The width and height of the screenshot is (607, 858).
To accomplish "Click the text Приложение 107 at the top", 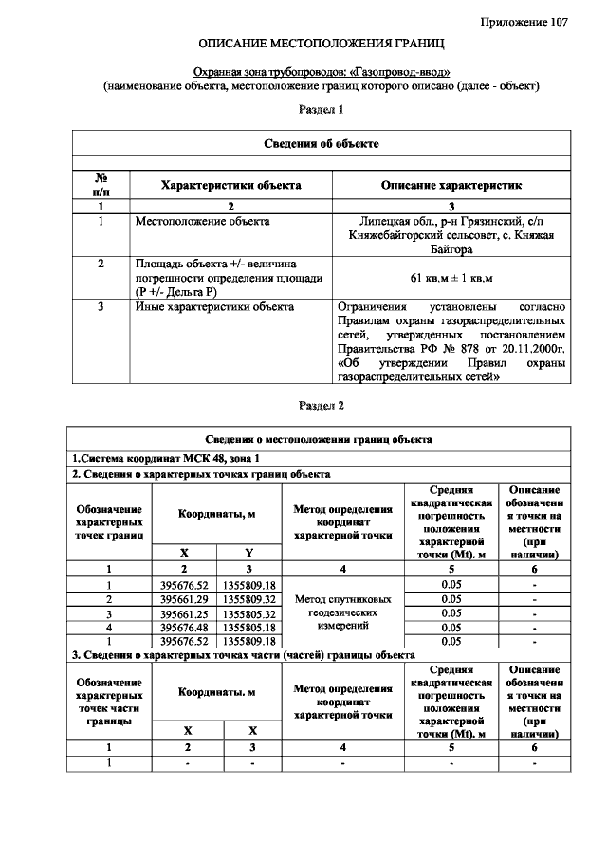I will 524,22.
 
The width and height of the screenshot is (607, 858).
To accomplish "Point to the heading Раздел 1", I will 321,110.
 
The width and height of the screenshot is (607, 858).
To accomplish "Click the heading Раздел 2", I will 321,406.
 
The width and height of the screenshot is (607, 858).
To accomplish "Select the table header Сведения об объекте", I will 321,143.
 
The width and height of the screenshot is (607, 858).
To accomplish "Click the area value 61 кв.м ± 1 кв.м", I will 451,277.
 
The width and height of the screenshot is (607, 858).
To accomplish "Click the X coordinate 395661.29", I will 185,599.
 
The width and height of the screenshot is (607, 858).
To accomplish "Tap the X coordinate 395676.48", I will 185,627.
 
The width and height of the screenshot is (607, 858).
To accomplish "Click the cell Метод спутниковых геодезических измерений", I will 342,612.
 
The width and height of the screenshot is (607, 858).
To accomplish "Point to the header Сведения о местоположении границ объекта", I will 321,439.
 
